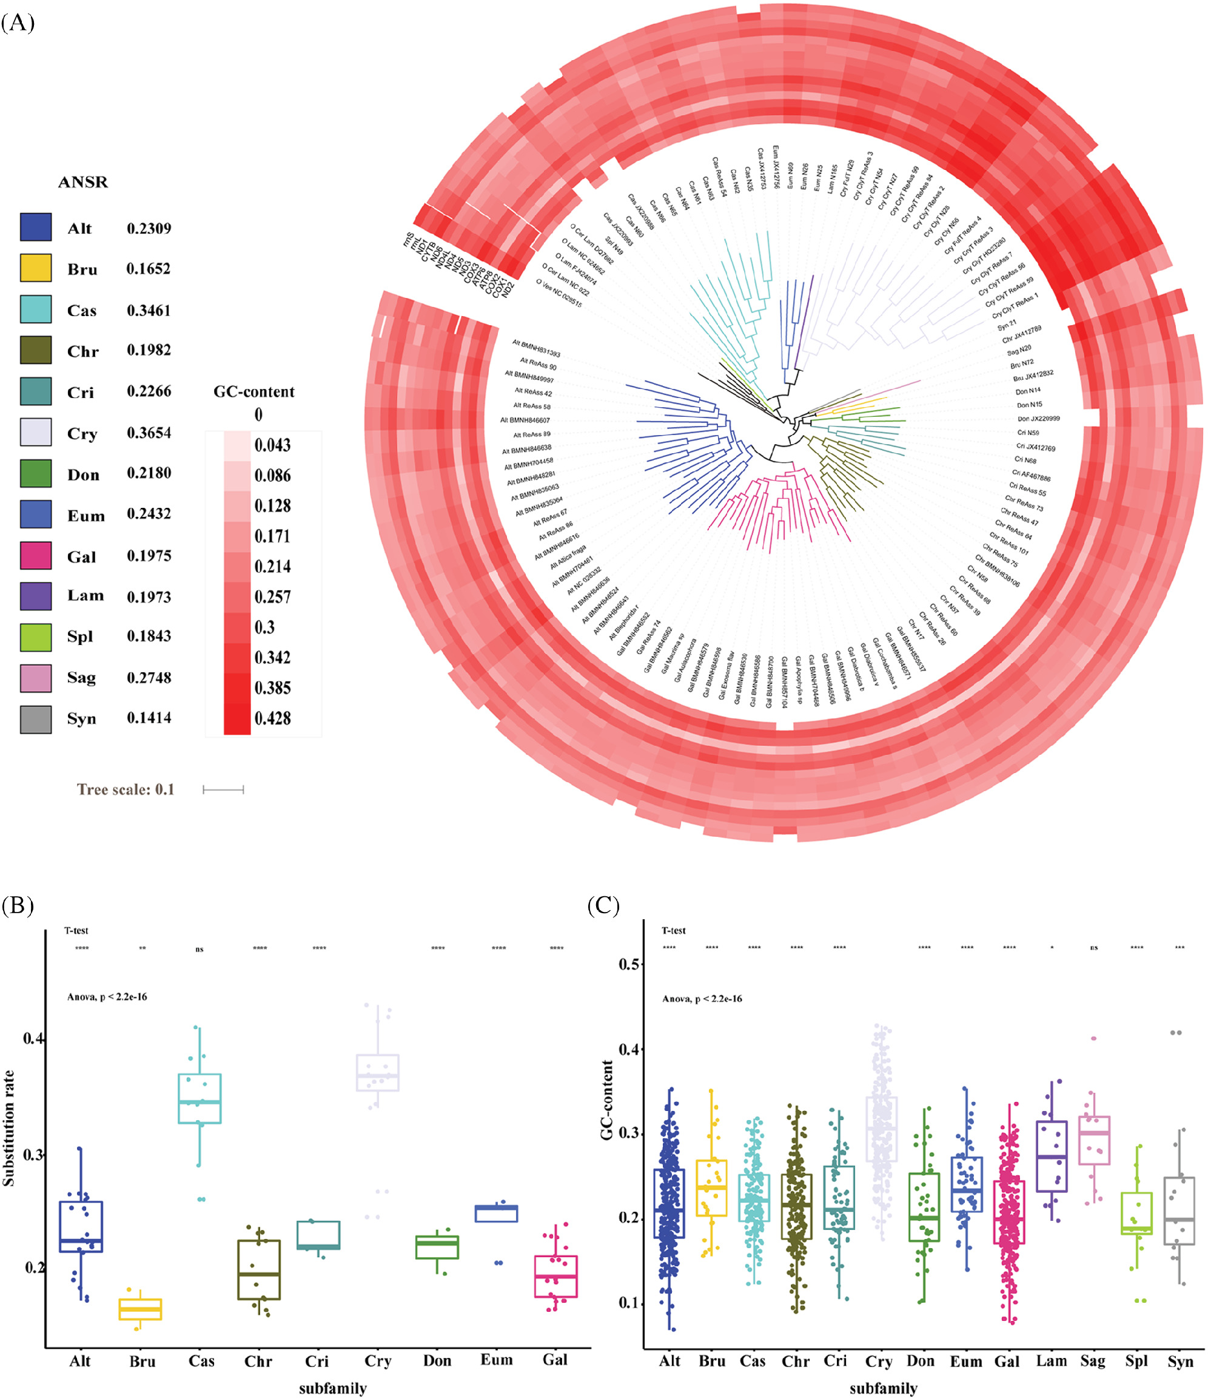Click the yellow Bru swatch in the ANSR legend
pyautogui.click(x=36, y=268)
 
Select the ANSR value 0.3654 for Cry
pyautogui.click(x=149, y=433)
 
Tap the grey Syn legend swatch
pyautogui.click(x=36, y=719)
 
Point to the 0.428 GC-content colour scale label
pyautogui.click(x=272, y=718)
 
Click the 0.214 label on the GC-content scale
pyautogui.click(x=272, y=566)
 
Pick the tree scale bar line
pyautogui.click(x=223, y=789)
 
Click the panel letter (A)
pyautogui.click(x=18, y=22)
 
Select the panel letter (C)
pyautogui.click(x=603, y=905)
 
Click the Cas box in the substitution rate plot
pyautogui.click(x=200, y=1098)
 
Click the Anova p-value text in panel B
pyautogui.click(x=107, y=996)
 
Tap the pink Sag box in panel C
pyautogui.click(x=1094, y=1140)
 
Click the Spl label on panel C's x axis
pyautogui.click(x=1136, y=1361)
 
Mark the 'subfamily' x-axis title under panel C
pyautogui.click(x=883, y=1388)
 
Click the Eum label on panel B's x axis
pyautogui.click(x=497, y=1360)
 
